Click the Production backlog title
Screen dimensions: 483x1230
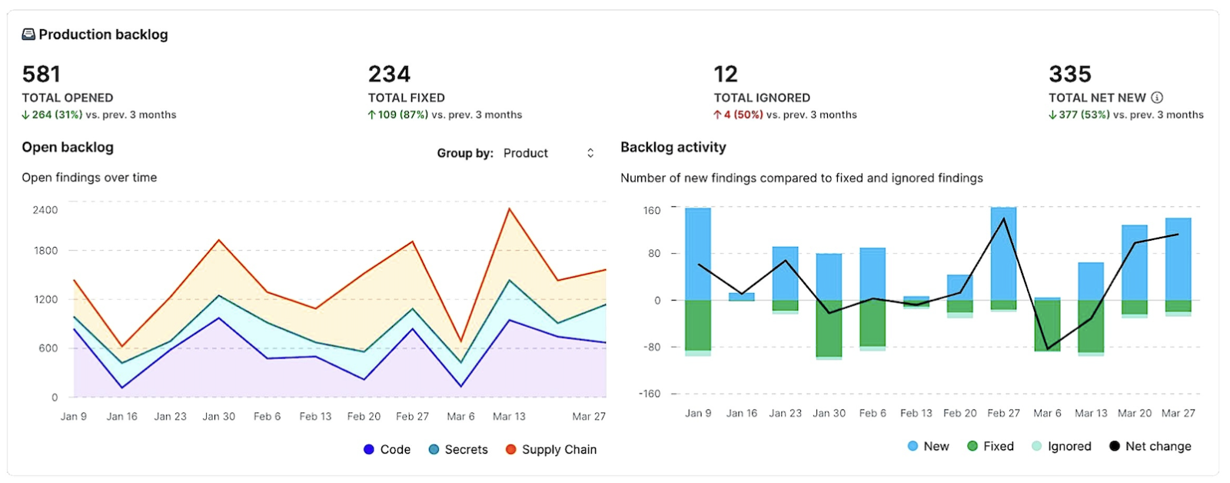[103, 35]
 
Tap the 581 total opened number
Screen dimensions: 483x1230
[42, 74]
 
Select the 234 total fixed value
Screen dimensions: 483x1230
[389, 74]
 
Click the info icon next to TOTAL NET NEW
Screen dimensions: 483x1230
[1157, 98]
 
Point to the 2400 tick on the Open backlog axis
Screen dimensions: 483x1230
[45, 210]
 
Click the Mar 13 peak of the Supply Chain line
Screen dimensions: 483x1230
[509, 208]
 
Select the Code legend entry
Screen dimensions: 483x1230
[387, 449]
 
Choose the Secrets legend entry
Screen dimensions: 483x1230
[458, 449]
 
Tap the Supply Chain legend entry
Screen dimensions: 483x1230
[551, 449]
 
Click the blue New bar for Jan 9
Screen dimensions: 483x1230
[698, 254]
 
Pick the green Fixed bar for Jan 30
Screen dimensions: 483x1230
[829, 328]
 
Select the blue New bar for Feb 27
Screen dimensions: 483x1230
[1003, 254]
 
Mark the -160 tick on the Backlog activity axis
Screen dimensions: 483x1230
[650, 394]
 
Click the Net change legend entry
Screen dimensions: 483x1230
[1150, 446]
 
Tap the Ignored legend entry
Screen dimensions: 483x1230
[1061, 446]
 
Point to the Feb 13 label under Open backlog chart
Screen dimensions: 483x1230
[315, 416]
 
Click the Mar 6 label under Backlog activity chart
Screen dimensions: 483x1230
[1047, 413]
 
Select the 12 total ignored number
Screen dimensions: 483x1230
[726, 74]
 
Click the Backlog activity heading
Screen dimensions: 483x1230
[673, 147]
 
